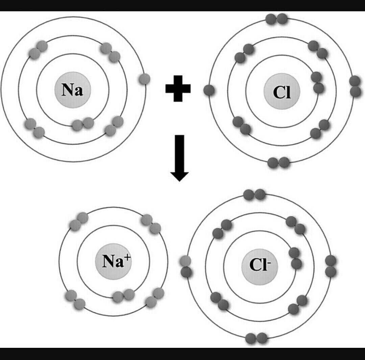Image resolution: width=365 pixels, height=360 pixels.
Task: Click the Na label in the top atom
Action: (72, 90)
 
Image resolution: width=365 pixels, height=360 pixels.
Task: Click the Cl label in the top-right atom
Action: (282, 93)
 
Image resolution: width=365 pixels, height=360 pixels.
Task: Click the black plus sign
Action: (178, 89)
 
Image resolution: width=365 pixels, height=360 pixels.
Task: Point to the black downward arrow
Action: (179, 158)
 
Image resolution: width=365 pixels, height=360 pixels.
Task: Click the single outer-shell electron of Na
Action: (144, 79)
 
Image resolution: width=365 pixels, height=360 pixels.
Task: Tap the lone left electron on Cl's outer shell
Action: (209, 90)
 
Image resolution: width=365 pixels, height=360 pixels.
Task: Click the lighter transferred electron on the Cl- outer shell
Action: (186, 261)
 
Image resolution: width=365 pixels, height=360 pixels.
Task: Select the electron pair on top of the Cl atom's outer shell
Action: (276, 19)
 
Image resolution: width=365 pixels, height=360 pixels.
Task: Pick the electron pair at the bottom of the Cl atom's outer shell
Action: (278, 162)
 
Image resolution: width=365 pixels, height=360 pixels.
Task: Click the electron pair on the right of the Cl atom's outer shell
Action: (355, 86)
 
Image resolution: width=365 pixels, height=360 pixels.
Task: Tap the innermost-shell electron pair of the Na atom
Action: (83, 124)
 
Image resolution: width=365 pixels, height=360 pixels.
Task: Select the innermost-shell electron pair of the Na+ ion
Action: (124, 296)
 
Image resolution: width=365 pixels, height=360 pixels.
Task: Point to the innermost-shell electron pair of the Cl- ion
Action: (295, 258)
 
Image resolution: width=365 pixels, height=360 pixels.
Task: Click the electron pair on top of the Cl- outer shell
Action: (254, 195)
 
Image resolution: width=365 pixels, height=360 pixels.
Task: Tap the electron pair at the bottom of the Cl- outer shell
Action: (257, 338)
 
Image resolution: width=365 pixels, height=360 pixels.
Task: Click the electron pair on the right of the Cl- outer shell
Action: (331, 266)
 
